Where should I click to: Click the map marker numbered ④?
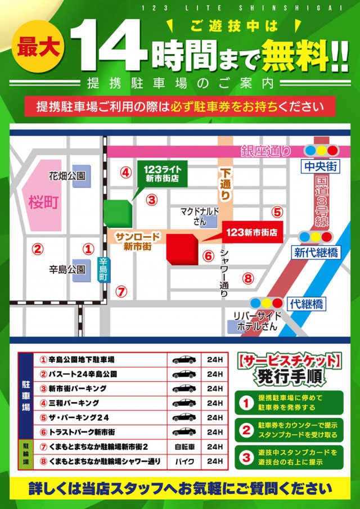click(126, 172)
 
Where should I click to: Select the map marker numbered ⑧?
click(248, 277)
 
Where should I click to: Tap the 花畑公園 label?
click(66, 176)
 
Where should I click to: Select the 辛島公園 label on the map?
click(66, 270)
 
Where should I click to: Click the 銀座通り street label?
click(266, 151)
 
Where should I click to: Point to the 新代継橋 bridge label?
click(317, 253)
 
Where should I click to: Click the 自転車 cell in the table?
click(184, 447)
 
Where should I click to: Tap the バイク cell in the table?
click(184, 461)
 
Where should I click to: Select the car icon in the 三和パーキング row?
click(184, 403)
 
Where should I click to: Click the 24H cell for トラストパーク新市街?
click(215, 432)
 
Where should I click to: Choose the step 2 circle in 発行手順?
click(246, 430)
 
